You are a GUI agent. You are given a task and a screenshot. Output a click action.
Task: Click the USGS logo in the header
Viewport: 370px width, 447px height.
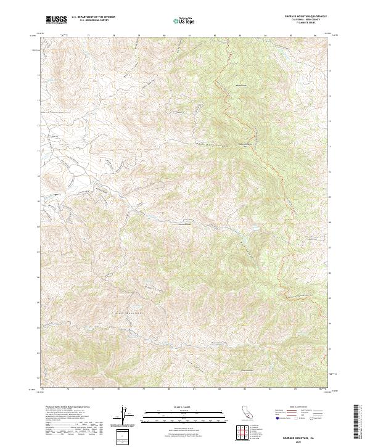coord(56,20)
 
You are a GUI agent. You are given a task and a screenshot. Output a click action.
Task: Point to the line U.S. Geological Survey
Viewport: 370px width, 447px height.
coord(92,21)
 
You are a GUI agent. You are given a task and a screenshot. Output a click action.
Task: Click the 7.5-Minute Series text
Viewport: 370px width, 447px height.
coord(301,23)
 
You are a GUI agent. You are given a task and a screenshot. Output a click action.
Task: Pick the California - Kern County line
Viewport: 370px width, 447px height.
coord(301,20)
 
